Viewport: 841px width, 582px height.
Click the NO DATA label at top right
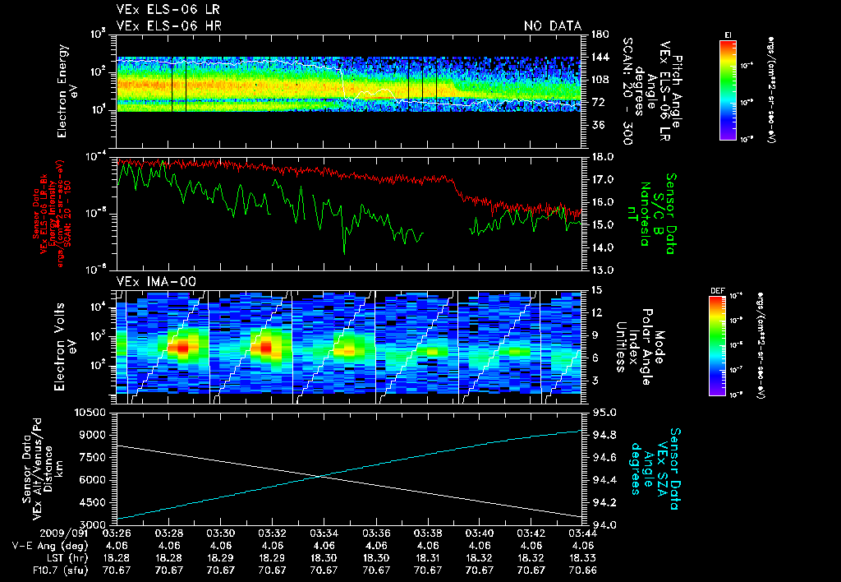click(552, 26)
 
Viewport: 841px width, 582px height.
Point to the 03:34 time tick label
click(324, 533)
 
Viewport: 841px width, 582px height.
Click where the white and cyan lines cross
click(321, 476)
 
